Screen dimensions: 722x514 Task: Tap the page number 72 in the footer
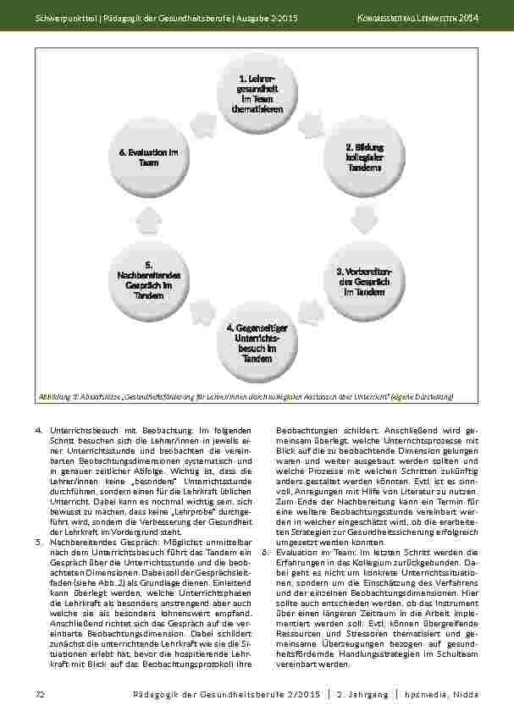tap(39, 694)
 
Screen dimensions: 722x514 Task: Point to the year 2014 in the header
tap(470, 19)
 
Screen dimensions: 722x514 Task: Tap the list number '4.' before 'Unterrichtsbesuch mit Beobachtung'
tap(39, 431)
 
